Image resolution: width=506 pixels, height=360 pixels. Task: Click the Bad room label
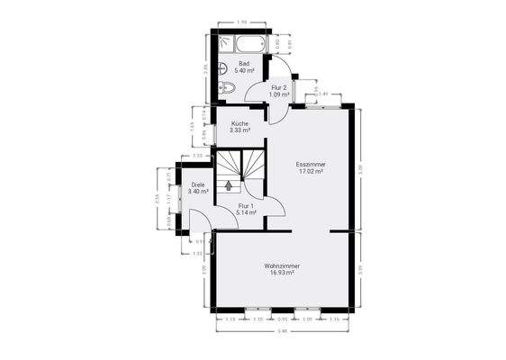tap(243, 63)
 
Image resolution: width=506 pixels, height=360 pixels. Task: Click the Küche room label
tap(239, 123)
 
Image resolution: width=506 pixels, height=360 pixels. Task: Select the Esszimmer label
tap(311, 165)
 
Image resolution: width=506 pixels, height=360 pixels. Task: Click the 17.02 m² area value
tap(311, 172)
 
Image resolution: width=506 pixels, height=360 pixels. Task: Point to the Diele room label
tap(198, 184)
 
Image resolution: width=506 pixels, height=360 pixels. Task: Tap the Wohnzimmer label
tap(283, 265)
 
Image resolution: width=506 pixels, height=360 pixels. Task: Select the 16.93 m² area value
tap(283, 273)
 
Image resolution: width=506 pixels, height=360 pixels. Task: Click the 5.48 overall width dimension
tap(283, 332)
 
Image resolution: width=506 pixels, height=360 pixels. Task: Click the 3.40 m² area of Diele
tap(198, 192)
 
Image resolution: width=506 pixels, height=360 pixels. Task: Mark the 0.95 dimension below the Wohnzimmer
tap(282, 319)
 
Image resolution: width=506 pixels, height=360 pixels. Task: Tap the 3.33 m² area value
tap(239, 130)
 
